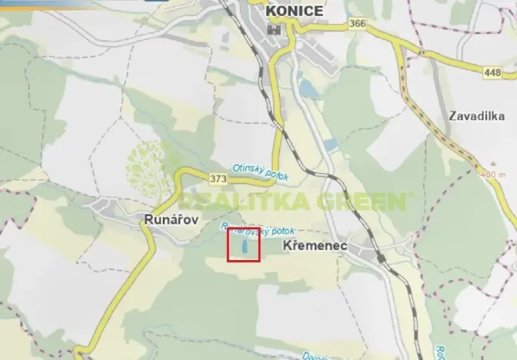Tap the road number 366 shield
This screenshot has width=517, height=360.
point(357,24)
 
